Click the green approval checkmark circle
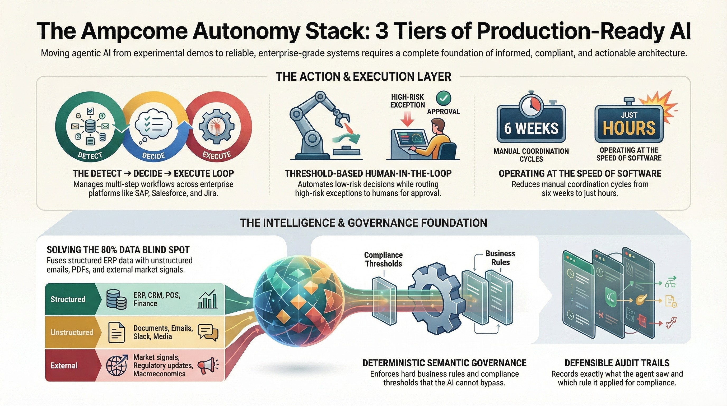[443, 98]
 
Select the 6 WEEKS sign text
[531, 128]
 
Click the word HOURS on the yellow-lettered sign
[629, 128]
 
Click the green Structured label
[68, 299]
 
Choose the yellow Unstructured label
[72, 332]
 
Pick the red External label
[64, 365]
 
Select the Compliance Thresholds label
[383, 259]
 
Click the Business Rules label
[500, 258]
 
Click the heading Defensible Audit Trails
[617, 363]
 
